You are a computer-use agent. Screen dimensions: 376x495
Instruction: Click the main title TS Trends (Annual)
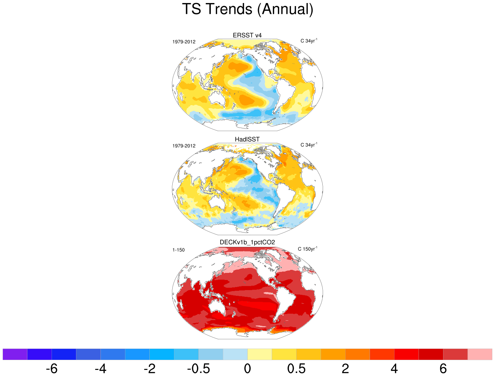click(247, 9)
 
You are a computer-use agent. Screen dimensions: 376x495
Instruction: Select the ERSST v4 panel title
click(247, 35)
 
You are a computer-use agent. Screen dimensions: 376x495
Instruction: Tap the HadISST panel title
click(247, 139)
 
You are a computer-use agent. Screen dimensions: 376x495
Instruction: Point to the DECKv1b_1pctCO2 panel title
click(247, 242)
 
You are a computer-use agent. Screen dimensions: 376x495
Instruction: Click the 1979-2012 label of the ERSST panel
click(184, 42)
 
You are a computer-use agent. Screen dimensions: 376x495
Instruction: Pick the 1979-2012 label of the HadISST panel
click(184, 146)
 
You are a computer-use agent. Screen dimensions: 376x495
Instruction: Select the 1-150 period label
click(178, 250)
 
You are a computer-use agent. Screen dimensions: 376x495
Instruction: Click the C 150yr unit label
click(308, 249)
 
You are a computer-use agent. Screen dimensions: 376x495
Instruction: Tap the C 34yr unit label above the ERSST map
click(309, 41)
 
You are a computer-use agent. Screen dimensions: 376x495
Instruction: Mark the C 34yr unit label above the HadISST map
click(309, 145)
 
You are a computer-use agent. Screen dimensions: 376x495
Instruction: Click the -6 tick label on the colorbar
click(52, 369)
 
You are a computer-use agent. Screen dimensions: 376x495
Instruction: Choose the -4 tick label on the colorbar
click(100, 369)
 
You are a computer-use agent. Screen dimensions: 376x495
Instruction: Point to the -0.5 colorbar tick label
click(198, 369)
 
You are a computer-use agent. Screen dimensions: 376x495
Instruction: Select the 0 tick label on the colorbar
click(247, 369)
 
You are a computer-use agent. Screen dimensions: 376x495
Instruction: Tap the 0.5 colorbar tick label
click(296, 369)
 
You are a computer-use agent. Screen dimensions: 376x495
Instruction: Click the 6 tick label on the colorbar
click(443, 369)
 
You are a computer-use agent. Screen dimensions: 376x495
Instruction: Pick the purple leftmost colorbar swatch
click(15, 354)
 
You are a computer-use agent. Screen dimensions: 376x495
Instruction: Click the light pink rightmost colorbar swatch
click(480, 354)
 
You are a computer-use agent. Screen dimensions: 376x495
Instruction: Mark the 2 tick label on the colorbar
click(345, 369)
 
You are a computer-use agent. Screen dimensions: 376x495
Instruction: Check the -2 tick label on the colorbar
click(149, 369)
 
